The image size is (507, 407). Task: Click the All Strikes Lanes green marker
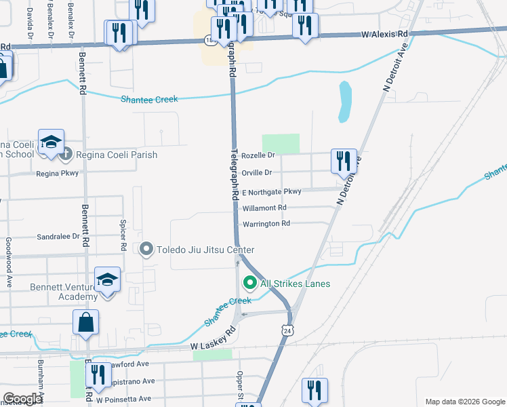click(249, 284)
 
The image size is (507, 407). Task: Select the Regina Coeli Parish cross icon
click(65, 155)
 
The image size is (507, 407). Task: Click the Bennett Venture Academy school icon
click(108, 280)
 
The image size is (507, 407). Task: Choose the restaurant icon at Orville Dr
click(342, 161)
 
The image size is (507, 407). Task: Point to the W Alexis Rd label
click(384, 33)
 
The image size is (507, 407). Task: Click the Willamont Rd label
click(264, 208)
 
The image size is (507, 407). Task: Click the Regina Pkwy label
click(58, 173)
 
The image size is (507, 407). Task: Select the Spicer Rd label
click(123, 244)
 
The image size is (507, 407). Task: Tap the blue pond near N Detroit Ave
click(344, 102)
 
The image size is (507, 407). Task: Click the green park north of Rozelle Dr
click(281, 143)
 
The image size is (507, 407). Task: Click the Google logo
click(22, 399)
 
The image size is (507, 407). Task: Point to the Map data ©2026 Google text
click(465, 402)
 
